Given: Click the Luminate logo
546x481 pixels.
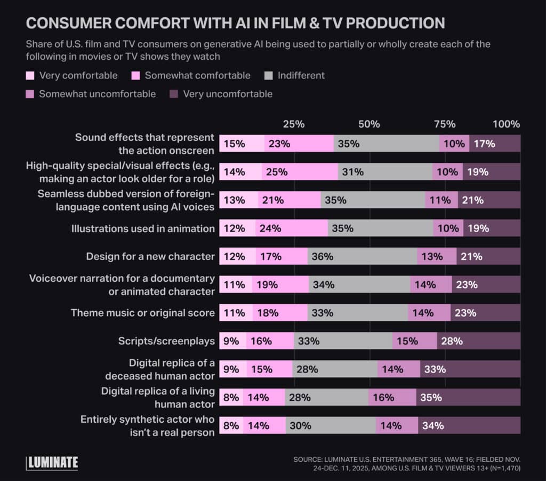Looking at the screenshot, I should (52, 462).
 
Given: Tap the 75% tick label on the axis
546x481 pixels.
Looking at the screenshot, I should (444, 124).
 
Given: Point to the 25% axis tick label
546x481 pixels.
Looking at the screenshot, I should (293, 124).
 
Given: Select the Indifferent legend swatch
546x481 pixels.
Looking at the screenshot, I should (269, 76).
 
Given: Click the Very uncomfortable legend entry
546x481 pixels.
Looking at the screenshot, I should (221, 94).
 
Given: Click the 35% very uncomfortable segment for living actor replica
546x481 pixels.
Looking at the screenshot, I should (468, 397).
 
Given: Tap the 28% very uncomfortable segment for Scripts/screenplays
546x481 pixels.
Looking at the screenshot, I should (478, 341).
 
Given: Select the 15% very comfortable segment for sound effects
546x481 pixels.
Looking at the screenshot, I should (242, 144).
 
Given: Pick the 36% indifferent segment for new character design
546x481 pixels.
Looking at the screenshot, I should (362, 256).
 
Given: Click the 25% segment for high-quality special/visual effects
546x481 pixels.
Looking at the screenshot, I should (300, 172).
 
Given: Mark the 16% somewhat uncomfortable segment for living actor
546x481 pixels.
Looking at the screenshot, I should (392, 397).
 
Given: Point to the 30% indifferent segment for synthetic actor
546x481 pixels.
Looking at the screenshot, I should (331, 425).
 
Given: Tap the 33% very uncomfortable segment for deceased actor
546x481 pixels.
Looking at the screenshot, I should (470, 369).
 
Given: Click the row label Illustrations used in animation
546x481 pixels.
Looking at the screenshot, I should (143, 228).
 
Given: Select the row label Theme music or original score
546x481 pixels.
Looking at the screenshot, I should (142, 313).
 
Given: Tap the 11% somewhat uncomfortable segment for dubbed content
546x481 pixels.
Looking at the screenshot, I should (441, 200).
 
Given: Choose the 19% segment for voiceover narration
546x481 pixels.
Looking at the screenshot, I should (280, 285).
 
